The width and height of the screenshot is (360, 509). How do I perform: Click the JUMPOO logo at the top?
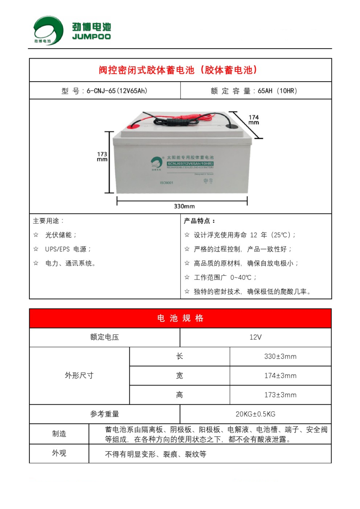point(72,30)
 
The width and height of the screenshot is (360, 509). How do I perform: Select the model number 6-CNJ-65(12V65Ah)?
point(117,91)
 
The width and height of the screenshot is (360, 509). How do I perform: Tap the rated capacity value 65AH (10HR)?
point(278,91)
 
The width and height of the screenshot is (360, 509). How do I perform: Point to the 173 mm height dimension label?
point(102,157)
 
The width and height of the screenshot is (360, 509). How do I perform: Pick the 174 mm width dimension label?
point(254,120)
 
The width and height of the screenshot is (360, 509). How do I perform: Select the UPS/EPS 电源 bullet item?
point(68,249)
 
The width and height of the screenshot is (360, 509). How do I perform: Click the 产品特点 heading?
point(200,221)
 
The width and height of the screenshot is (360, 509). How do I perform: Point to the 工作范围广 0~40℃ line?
point(225,277)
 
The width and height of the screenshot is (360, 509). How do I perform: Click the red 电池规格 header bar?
point(180,319)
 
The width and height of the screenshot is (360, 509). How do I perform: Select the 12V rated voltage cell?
point(255,337)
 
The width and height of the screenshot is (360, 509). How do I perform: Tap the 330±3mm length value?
point(280,357)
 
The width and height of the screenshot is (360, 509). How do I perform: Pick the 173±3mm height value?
point(280,395)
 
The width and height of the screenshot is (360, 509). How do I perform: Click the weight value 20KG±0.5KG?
point(255,414)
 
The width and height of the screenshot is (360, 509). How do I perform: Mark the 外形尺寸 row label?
point(79,375)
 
